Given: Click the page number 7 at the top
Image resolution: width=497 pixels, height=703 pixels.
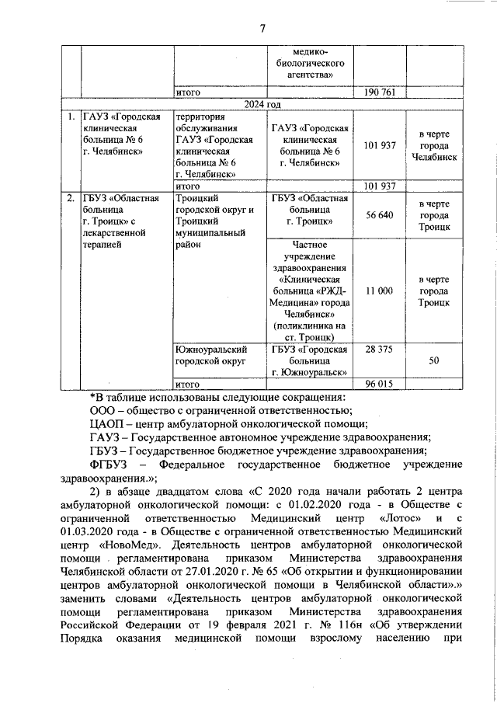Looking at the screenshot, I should [263, 29].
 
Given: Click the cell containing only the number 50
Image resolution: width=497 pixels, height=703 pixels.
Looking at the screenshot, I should [434, 361].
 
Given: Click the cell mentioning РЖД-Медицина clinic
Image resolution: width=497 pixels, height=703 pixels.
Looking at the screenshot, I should [309, 290].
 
